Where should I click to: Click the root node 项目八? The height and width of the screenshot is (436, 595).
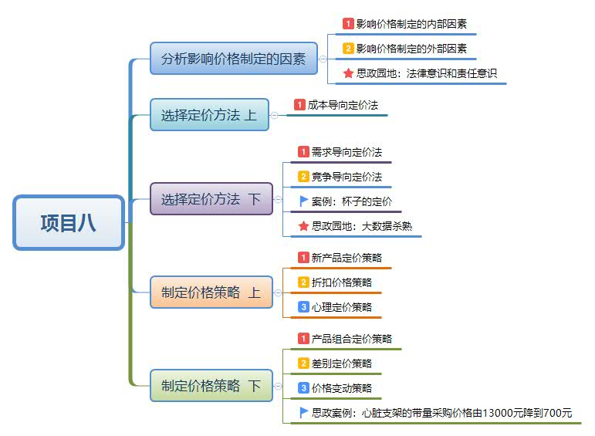69,223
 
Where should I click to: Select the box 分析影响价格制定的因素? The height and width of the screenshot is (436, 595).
234,58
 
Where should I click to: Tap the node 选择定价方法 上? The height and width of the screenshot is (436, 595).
209,115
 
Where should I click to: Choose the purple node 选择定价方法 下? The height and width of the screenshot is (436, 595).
211,198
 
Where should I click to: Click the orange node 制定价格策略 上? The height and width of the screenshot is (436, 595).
211,292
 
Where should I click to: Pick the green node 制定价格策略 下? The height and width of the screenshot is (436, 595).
211,385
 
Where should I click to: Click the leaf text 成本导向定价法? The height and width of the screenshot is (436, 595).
343,104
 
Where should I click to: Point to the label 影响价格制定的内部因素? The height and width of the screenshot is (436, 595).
411,24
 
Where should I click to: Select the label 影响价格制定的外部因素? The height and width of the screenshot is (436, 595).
411,49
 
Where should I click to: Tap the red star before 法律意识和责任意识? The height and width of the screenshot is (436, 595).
348,73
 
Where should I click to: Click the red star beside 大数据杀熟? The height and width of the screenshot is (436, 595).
303,226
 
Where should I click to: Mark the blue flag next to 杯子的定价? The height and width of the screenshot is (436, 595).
303,201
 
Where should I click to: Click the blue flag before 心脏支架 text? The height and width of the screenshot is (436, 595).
303,413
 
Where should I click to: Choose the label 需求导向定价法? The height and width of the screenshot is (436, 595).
347,152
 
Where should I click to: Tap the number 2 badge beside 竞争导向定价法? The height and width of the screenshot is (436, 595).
303,177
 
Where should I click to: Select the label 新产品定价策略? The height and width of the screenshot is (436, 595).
347,258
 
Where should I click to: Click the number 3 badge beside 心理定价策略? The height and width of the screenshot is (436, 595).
303,307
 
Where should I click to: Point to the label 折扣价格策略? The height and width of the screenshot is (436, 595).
342,282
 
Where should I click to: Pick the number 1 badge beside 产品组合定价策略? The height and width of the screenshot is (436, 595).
303,339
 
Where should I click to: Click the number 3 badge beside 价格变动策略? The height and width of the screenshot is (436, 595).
303,388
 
